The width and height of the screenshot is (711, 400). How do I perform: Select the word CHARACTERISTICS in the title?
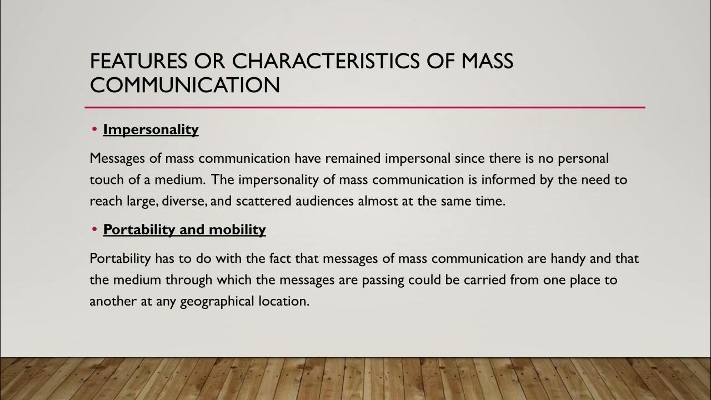326,61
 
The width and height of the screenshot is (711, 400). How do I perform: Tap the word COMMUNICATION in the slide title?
184,85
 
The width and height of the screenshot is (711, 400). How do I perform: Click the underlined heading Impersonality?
151,129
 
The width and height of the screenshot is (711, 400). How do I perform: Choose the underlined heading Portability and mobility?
184,229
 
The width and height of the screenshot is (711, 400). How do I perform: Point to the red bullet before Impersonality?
95,129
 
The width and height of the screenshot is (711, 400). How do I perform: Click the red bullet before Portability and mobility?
95,229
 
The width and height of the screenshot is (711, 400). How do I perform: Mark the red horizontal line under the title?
364,107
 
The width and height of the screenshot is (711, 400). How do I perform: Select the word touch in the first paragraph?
105,180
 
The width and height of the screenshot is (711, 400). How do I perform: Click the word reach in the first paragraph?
105,201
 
